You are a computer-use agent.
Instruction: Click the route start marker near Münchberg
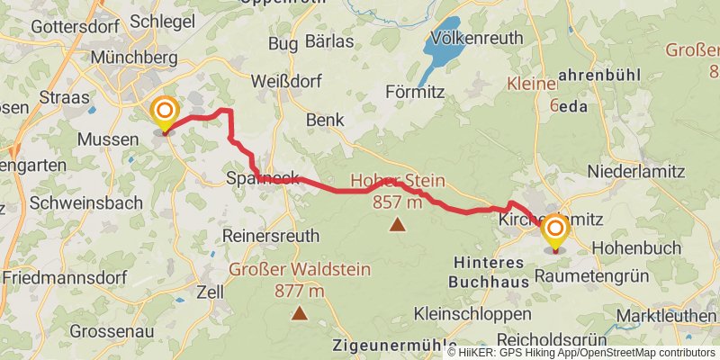click(165, 114)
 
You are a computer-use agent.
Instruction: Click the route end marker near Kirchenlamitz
click(554, 231)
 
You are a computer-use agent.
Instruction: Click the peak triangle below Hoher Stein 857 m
click(397, 225)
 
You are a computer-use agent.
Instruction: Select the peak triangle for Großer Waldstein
click(299, 314)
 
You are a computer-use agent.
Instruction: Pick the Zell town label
click(210, 293)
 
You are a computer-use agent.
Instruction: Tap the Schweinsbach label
click(85, 203)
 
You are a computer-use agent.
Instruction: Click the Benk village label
click(325, 120)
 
